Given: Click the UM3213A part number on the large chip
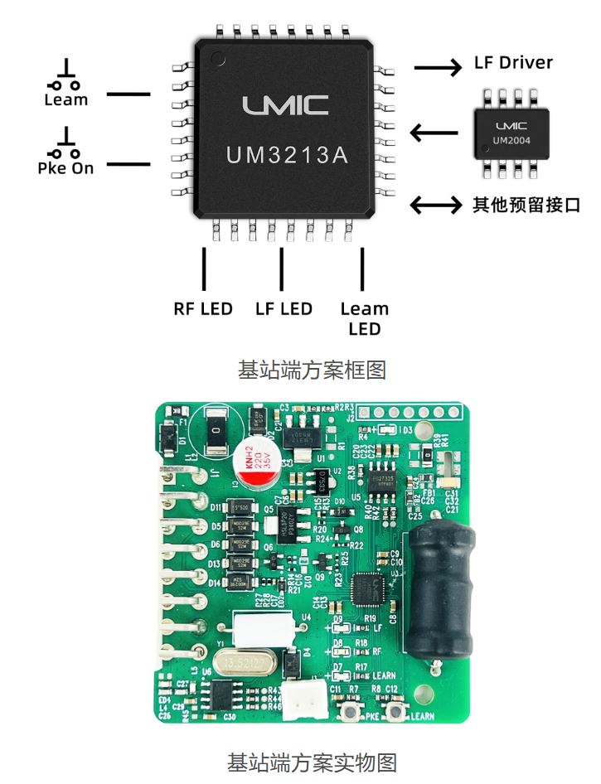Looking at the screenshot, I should point(287,155).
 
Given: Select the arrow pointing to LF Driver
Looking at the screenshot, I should point(438,68).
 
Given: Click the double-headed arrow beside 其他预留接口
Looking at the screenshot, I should point(437,205).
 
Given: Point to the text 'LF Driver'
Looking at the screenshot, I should point(513,63).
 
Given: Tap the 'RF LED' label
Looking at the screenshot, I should point(203,309).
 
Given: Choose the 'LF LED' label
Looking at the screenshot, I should point(284,309).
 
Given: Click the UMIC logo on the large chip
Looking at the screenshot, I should point(285,105).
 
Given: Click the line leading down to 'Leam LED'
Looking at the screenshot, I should point(362,269).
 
